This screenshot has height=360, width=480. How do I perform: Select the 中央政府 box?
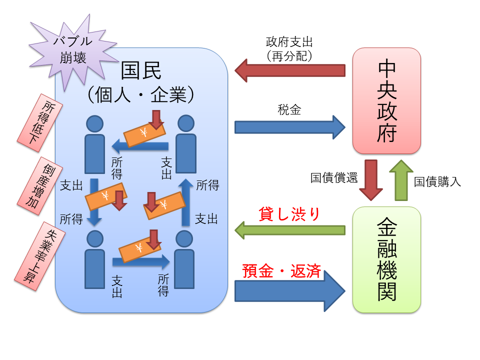386,100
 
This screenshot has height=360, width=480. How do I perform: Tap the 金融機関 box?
386,259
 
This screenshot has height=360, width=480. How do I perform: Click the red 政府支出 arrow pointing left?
290,70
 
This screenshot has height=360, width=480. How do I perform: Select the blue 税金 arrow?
290,127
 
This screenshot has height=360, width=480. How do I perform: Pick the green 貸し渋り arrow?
290,230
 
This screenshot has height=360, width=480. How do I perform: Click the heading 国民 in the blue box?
141,71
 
